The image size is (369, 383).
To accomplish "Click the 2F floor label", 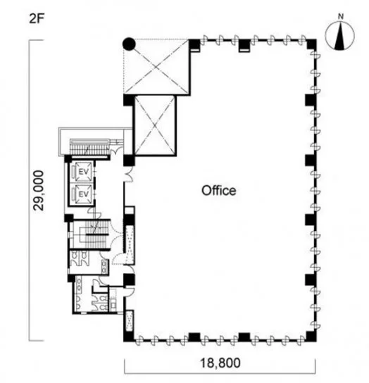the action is [x=37, y=19].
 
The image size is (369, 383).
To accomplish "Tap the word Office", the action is [x=219, y=191].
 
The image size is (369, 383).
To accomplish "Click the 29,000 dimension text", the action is [x=39, y=191].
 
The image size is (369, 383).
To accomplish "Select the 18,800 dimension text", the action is [x=220, y=363].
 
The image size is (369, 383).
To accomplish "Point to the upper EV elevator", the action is [x=83, y=172].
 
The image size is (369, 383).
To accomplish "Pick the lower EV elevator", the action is [x=83, y=194].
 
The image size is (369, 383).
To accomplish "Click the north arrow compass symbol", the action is [x=340, y=37].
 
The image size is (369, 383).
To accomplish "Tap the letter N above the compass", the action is [x=341, y=17].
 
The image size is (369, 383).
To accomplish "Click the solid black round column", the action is [x=129, y=44].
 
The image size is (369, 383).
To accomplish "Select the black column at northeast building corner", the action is [x=311, y=44].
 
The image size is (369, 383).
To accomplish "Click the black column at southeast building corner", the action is [x=311, y=337].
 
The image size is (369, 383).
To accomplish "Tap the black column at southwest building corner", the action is [x=129, y=336].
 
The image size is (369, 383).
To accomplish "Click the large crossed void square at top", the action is [x=156, y=66].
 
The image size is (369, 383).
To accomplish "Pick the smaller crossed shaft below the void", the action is [x=155, y=125].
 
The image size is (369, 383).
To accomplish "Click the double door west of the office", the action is [x=128, y=174].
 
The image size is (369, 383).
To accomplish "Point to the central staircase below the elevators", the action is [x=95, y=234].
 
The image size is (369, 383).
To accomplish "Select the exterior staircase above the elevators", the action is [x=89, y=147].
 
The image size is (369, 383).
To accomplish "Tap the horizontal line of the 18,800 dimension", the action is [x=220, y=373].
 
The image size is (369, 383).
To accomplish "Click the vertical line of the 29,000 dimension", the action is [x=30, y=190].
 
